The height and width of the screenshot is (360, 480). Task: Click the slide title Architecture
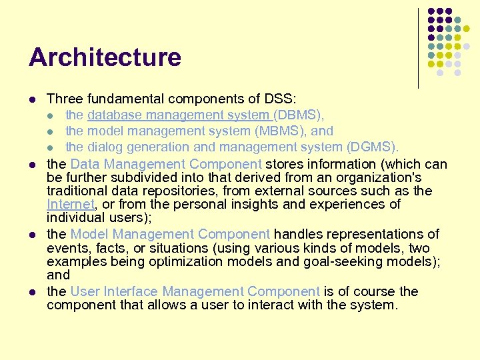click(105, 57)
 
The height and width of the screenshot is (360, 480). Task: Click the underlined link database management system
click(179, 115)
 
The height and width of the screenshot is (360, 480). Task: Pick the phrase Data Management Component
click(166, 164)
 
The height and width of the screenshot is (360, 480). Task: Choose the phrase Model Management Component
click(170, 234)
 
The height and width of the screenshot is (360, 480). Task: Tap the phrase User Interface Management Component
click(195, 291)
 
